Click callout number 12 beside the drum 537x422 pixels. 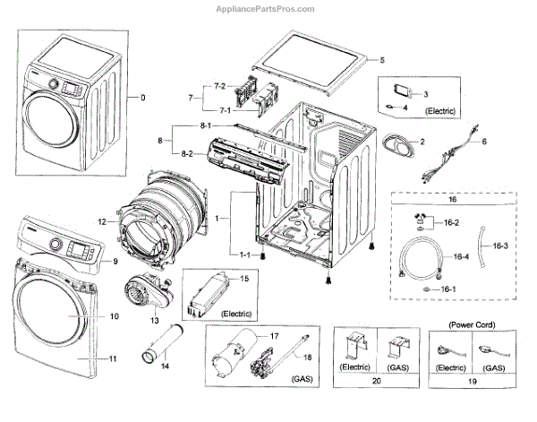[x=103, y=221]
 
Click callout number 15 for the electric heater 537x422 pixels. [x=241, y=280]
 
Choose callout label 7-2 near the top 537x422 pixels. [x=219, y=87]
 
